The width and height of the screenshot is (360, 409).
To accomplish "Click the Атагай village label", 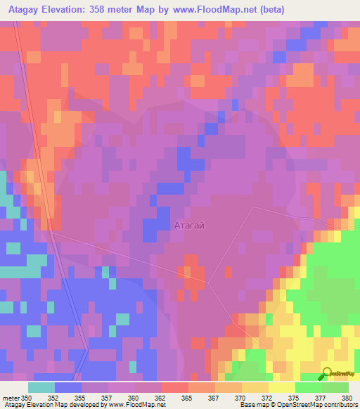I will [189, 226].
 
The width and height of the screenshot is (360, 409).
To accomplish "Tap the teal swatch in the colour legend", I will [41, 387].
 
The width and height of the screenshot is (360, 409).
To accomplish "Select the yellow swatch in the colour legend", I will [282, 387].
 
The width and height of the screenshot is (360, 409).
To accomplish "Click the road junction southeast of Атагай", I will [208, 283].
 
